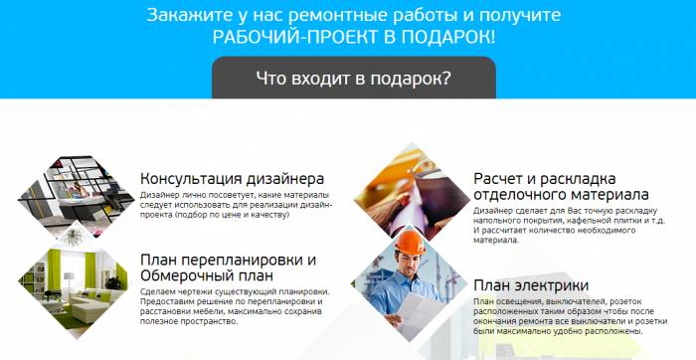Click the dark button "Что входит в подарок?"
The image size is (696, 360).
pos(353,78)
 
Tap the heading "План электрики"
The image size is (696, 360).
pos(538,284)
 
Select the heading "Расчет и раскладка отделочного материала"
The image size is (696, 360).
pos(561,186)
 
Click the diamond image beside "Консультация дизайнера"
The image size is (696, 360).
pos(75,189)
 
